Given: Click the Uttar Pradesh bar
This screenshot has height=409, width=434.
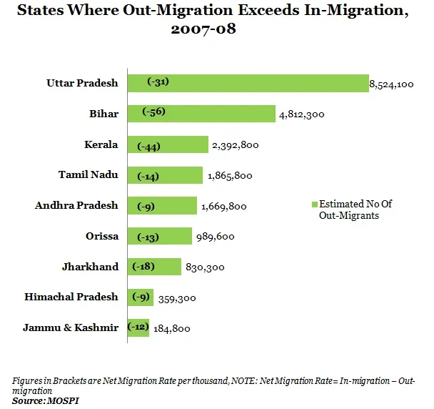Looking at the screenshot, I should (x=247, y=83).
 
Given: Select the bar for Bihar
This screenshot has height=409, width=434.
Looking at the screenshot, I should (x=201, y=113).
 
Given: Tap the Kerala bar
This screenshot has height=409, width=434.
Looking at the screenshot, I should (x=168, y=144).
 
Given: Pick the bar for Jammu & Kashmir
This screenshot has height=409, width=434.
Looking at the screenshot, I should (x=138, y=327).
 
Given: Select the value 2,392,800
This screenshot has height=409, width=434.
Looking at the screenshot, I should (x=235, y=145).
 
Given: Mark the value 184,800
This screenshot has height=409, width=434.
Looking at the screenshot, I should (x=171, y=329).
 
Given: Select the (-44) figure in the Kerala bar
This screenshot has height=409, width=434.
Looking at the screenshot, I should (x=149, y=146).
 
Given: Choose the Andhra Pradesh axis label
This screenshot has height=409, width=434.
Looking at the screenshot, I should (x=76, y=205).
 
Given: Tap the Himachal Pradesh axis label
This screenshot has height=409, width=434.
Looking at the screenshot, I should (x=71, y=297).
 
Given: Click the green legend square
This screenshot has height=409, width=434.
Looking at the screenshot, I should (x=314, y=204).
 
